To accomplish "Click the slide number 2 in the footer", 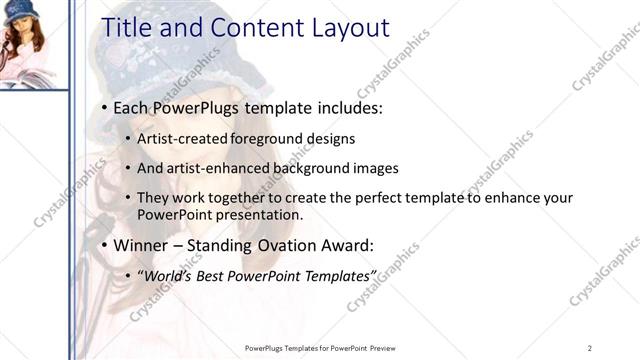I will tap(590, 347).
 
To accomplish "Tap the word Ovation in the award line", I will tap(290, 245).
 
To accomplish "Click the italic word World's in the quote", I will tap(171, 275).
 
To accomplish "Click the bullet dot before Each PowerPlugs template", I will tap(105, 108).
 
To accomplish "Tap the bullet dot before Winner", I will tap(105, 245).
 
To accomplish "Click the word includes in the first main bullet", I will tap(351, 108).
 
